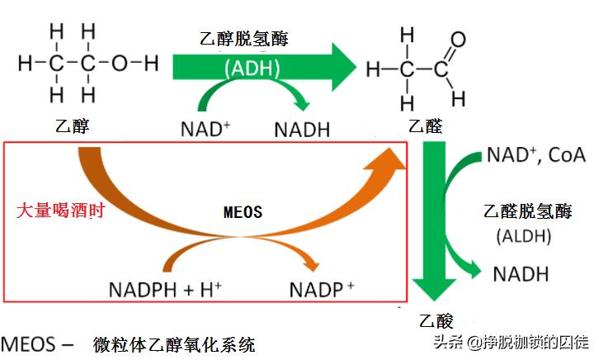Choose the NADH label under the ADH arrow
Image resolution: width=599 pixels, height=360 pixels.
pos(302,130)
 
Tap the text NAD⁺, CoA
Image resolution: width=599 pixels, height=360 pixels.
pos(535,155)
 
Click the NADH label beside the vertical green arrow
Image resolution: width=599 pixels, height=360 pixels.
pos(521,274)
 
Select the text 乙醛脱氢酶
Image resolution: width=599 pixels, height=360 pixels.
pos(528,211)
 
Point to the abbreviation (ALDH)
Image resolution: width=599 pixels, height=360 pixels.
pos(523,237)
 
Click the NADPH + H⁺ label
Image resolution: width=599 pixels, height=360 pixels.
pos(165,290)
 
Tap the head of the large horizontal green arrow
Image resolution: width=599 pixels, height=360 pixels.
pos(341,66)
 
